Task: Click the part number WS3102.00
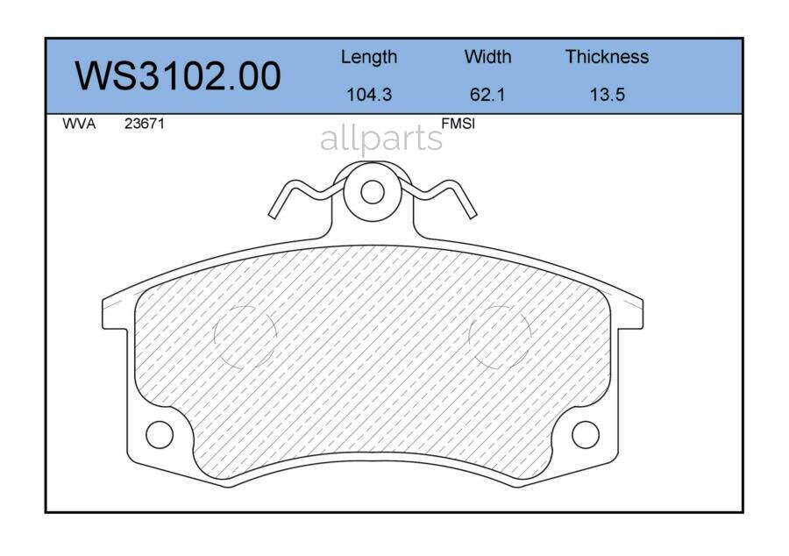pos(178,76)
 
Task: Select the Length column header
pos(368,57)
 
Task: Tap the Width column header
pos(487,57)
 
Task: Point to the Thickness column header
pos(607,57)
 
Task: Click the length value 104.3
pos(368,95)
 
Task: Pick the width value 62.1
pos(487,95)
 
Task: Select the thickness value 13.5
pos(607,95)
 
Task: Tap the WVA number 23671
pos(144,125)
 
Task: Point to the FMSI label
pos(457,125)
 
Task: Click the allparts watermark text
pos(381,139)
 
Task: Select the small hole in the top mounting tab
pos(373,191)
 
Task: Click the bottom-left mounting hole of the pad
pos(160,434)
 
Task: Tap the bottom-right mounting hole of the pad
pos(585,434)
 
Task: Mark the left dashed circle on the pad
pos(245,336)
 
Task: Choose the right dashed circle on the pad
pos(500,336)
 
